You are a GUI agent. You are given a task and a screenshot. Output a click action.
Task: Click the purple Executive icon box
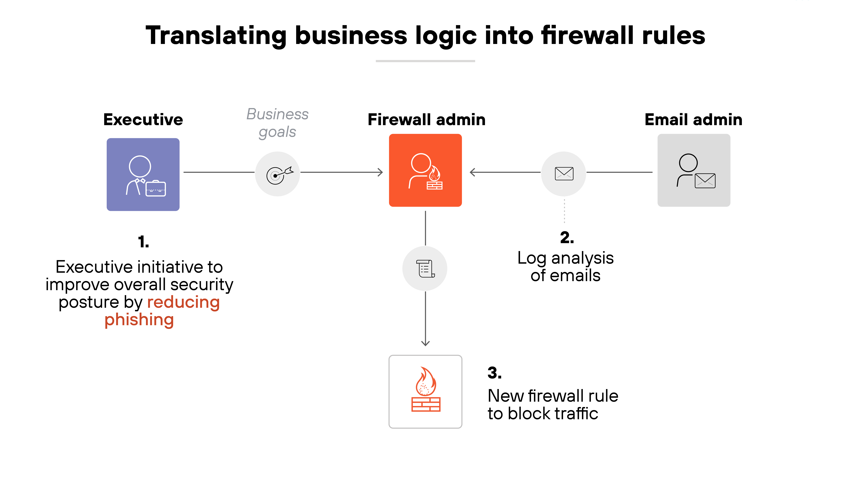point(143,174)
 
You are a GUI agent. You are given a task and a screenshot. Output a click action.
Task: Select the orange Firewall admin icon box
point(425,170)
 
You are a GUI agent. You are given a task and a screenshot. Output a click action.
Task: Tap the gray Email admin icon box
point(694,170)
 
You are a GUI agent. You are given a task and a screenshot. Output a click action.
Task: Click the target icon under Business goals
point(277,174)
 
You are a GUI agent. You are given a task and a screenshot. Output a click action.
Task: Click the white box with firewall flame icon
point(425,392)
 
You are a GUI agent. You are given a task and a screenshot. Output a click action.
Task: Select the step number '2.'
point(567,238)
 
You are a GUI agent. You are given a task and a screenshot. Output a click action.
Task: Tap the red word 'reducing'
point(183,302)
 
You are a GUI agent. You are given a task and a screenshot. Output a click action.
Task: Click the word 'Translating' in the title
point(216,36)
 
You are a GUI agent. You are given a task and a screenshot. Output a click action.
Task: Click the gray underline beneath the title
point(425,61)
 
